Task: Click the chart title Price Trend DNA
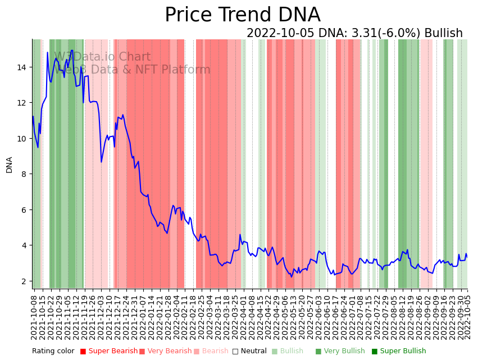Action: (242, 15)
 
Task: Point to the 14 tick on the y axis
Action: (23, 67)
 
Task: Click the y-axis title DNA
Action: (10, 165)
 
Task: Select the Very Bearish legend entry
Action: (169, 352)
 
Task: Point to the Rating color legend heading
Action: (53, 352)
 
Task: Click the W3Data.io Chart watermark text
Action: (102, 57)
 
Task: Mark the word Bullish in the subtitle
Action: (443, 34)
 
